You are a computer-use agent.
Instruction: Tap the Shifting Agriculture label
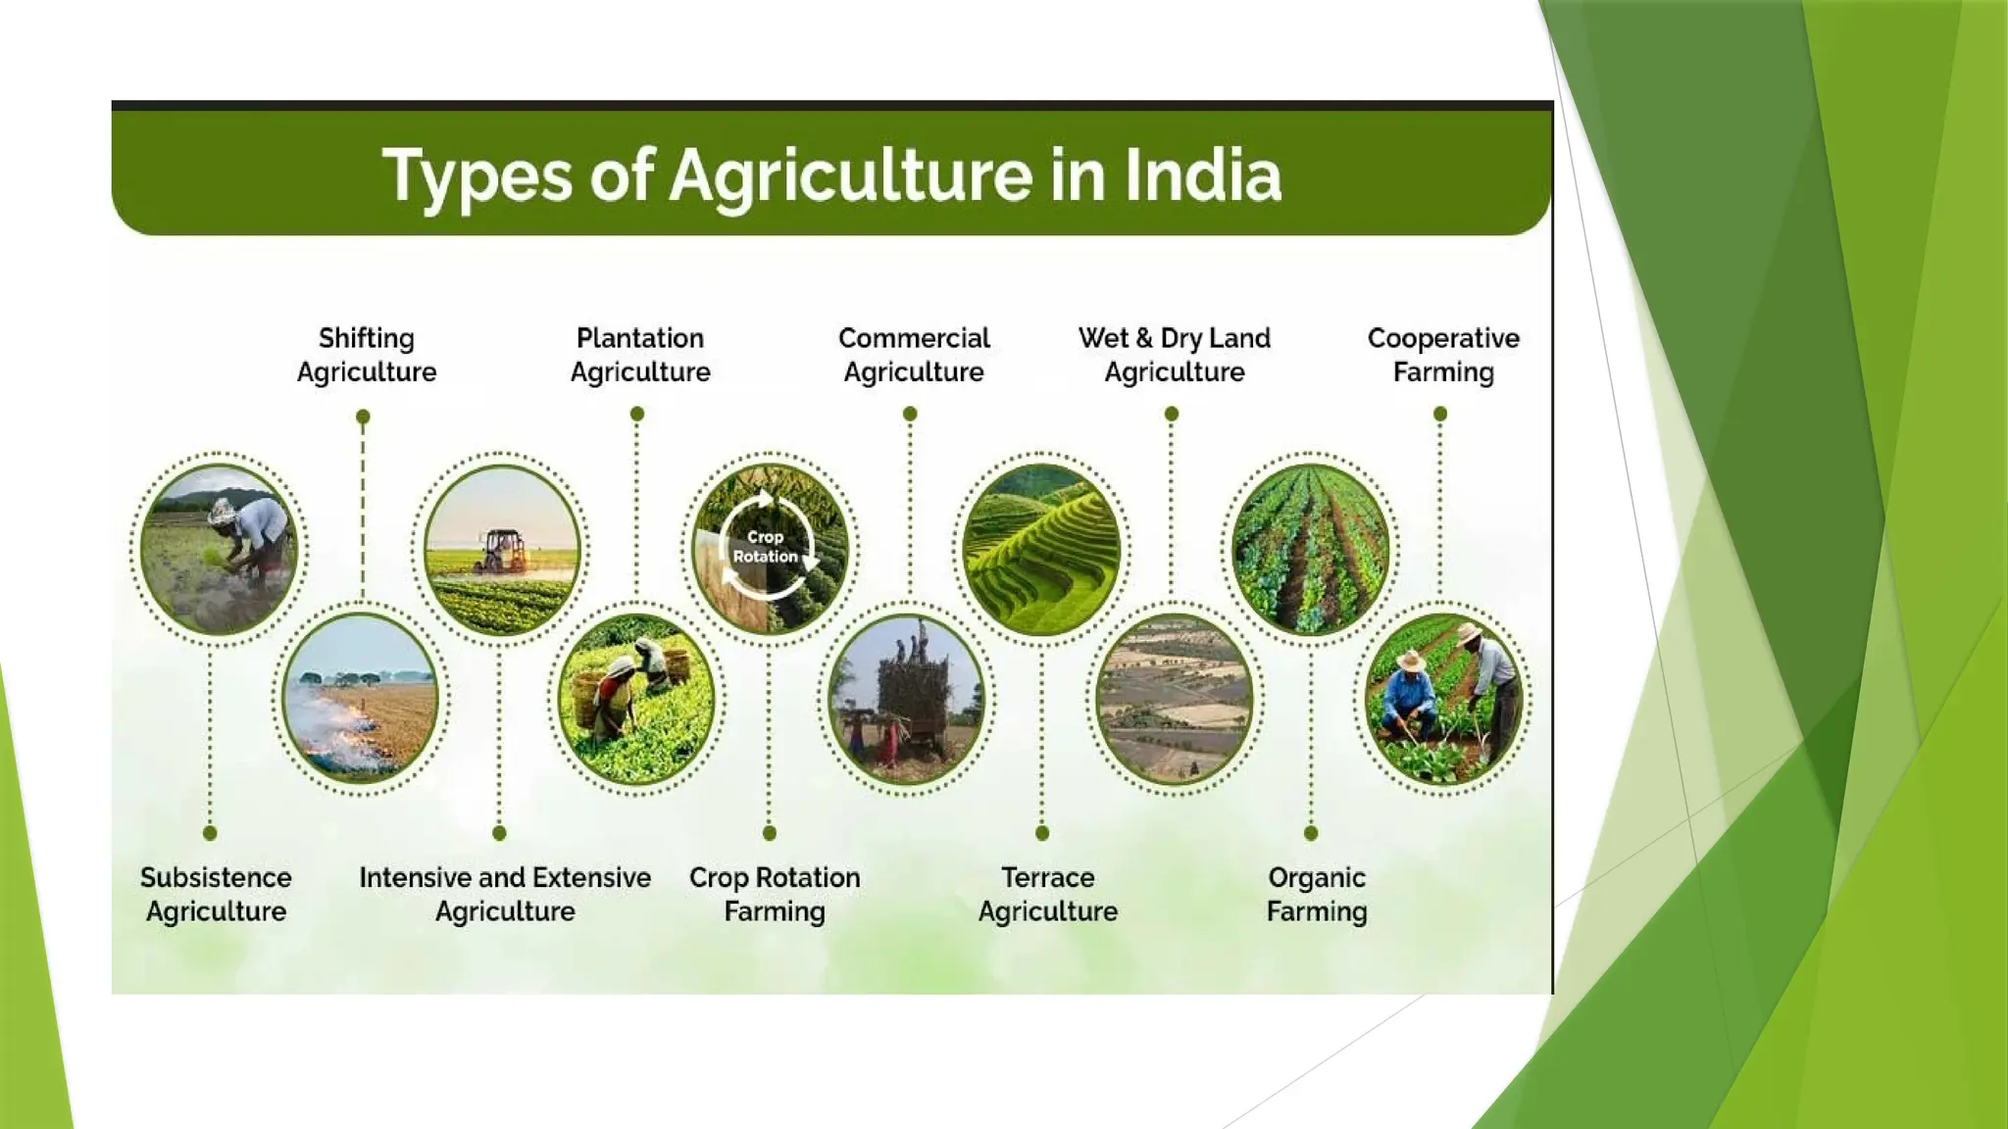point(367,355)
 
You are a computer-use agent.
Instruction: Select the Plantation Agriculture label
point(640,355)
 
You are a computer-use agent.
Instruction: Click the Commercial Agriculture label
point(914,355)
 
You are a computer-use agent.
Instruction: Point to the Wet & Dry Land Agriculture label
point(1174,355)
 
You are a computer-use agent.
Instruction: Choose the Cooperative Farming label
point(1443,355)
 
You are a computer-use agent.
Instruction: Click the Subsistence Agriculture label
point(216,894)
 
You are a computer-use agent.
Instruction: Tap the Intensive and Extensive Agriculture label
point(505,894)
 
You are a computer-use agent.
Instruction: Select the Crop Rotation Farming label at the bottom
point(775,894)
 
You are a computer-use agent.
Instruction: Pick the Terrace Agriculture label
point(1047,894)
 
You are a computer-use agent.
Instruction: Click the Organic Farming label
point(1316,894)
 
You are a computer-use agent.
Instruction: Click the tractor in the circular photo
point(503,551)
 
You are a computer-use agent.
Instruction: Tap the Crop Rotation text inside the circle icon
point(766,547)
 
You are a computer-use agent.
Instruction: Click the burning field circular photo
point(360,699)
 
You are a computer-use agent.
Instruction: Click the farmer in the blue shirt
point(1408,698)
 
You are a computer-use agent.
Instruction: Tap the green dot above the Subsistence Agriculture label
point(210,833)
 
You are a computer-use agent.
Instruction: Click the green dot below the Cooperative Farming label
point(1440,415)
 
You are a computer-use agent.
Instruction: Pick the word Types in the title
point(477,176)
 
